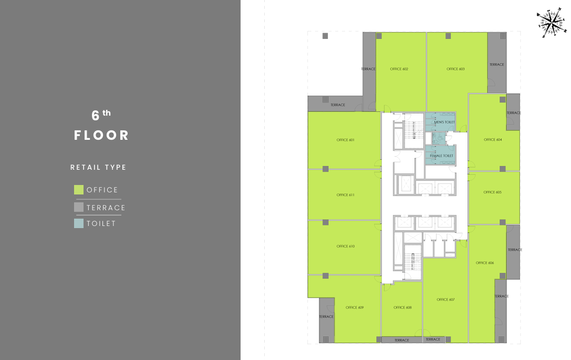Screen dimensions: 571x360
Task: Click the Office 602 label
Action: (399, 69)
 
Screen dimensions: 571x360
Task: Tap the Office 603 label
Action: (455, 69)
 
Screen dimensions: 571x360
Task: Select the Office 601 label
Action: (346, 140)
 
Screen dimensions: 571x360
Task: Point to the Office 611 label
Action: (346, 195)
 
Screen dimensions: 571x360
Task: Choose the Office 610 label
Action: (346, 246)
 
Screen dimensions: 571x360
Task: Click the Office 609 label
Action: (355, 307)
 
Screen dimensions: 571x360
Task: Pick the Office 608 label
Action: (402, 307)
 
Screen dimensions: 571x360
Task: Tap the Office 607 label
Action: (446, 300)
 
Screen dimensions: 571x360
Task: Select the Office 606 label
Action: (485, 263)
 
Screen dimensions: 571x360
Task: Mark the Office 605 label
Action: (493, 192)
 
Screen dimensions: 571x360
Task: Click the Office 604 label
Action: (493, 140)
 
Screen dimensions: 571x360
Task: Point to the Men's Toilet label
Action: (444, 122)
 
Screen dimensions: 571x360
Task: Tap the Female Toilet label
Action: (442, 156)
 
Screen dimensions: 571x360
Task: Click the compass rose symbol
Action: (552, 23)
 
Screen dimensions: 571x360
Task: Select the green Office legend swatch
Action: (79, 190)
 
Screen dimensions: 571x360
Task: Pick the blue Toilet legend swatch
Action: (79, 223)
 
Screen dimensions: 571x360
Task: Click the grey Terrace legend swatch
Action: (79, 207)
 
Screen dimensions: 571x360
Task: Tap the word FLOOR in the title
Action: (101, 135)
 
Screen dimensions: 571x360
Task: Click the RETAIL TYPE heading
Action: (98, 167)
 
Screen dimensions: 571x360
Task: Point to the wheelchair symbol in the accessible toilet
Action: (440, 138)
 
